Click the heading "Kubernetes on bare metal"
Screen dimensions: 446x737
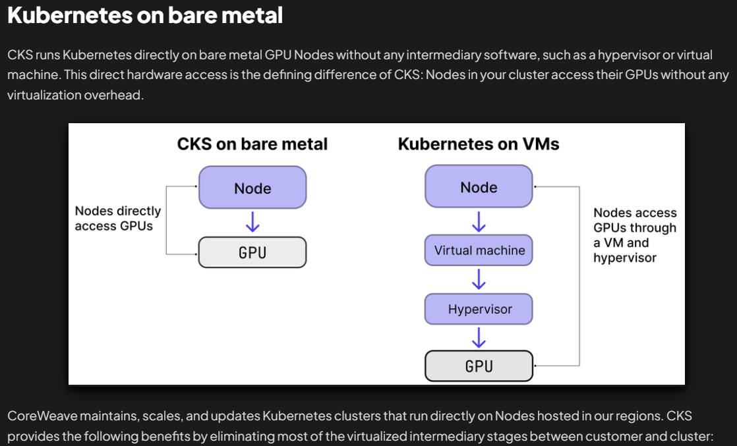pos(145,15)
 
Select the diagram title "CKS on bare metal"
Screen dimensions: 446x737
pos(252,144)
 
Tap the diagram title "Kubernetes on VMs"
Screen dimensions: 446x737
pos(478,144)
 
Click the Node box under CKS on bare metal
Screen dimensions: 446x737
pos(252,188)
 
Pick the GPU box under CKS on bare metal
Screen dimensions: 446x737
pos(252,252)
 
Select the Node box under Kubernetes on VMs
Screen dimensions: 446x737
pos(479,187)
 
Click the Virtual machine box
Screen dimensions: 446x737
pos(479,250)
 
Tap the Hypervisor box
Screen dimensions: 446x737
pos(479,309)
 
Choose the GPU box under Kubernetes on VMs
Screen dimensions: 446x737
pos(479,366)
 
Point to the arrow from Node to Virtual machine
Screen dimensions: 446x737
pos(479,221)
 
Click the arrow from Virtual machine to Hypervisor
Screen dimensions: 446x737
pos(479,280)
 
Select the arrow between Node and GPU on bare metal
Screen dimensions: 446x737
pos(252,222)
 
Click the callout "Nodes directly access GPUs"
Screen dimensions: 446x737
pos(117,219)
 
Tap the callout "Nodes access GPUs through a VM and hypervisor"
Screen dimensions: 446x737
pos(634,235)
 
